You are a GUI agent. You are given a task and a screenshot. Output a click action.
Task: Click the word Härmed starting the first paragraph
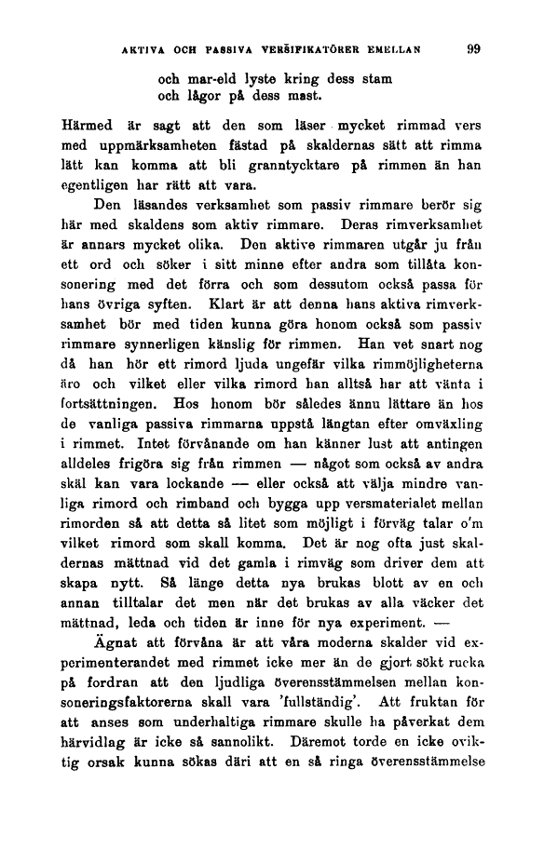[x=86, y=126]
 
